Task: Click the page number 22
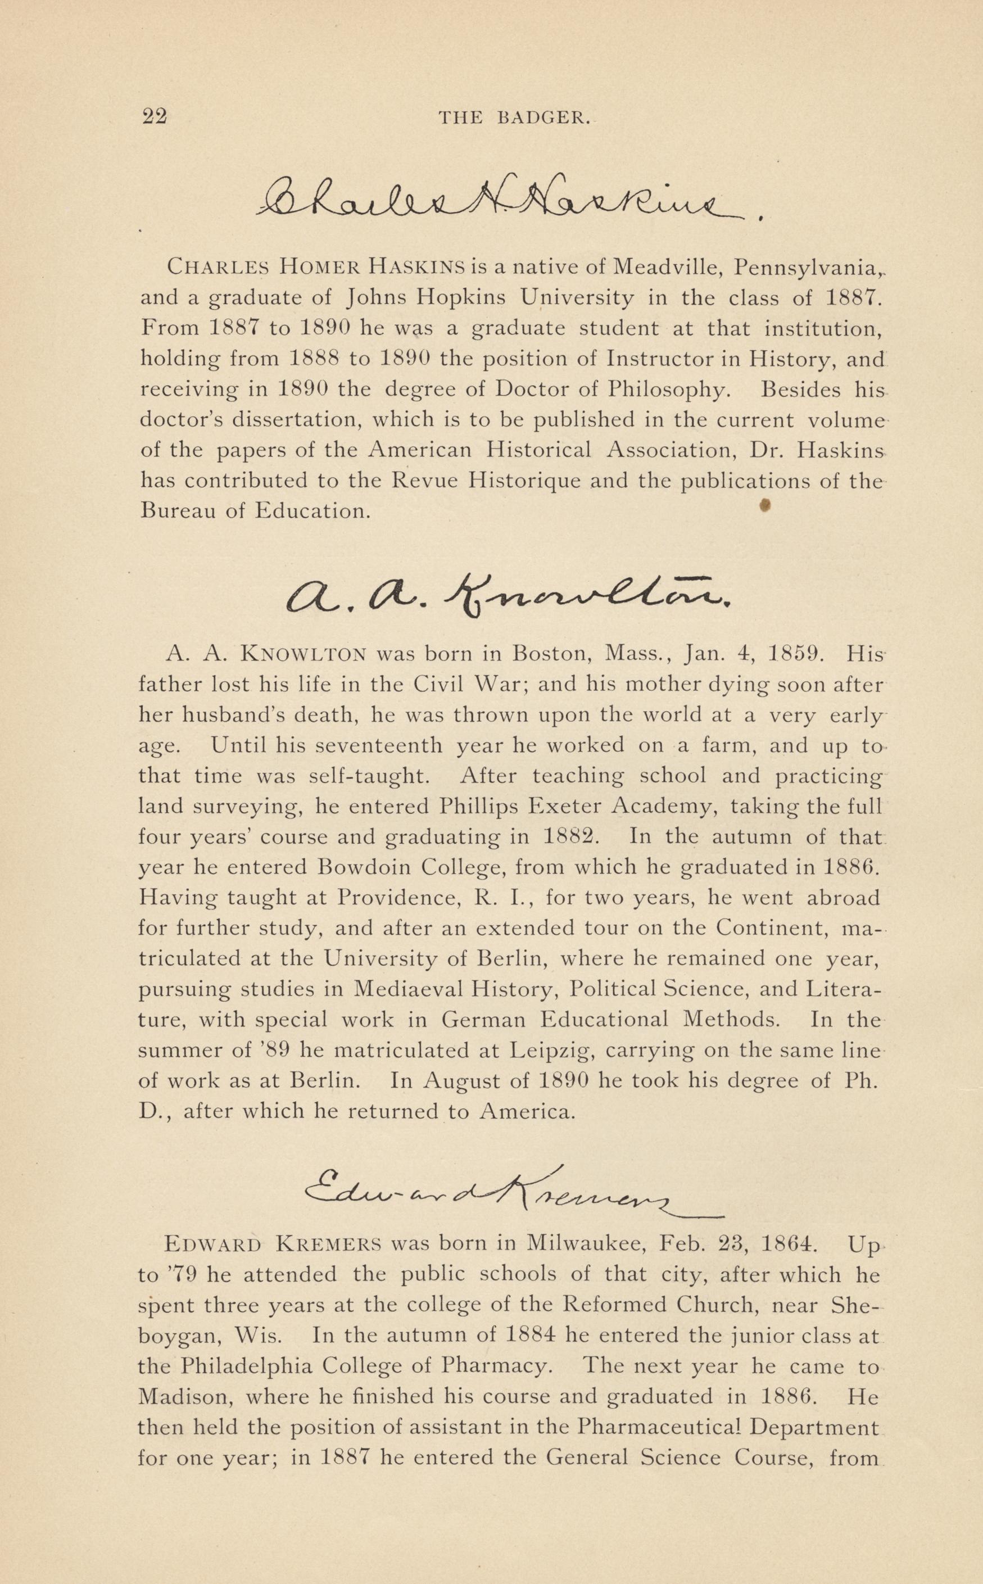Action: (x=155, y=116)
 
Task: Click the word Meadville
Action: (x=669, y=266)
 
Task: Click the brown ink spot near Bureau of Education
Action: (x=765, y=505)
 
